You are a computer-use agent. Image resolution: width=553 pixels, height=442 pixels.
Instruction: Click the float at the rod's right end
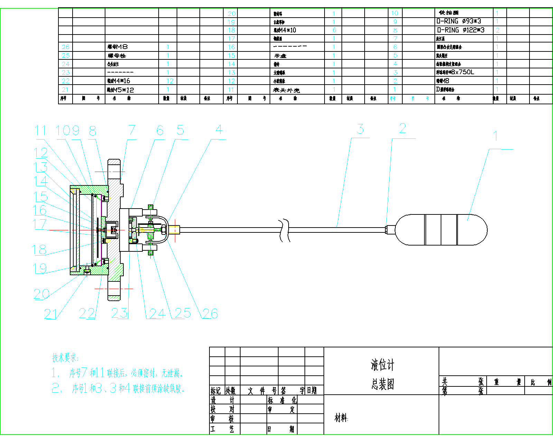click(441, 230)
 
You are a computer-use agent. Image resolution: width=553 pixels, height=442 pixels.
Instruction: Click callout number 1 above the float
click(496, 136)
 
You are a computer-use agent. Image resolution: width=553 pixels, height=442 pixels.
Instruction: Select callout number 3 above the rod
click(360, 129)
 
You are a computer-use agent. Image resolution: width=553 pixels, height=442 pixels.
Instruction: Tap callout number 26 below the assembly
click(210, 314)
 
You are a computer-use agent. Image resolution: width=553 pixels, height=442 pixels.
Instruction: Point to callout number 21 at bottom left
click(50, 314)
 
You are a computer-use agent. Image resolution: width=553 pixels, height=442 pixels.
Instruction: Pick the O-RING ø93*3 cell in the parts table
click(459, 21)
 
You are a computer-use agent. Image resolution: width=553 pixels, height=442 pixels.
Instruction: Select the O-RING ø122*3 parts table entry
click(460, 30)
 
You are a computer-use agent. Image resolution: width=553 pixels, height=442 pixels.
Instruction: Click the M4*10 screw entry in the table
click(285, 30)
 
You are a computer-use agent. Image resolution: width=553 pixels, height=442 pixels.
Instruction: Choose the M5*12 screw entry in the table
click(120, 90)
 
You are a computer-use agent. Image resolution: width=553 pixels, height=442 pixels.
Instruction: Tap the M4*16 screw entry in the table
click(119, 81)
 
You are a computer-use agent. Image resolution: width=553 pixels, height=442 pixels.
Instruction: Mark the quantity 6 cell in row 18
click(334, 30)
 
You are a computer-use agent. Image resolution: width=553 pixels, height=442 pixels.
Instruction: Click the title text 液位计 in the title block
click(382, 365)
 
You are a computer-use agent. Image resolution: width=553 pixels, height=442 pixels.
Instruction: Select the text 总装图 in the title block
click(383, 384)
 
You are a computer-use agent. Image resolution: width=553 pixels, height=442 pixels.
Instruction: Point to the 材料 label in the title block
click(341, 418)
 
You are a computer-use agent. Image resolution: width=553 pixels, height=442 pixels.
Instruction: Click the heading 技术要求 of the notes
click(65, 358)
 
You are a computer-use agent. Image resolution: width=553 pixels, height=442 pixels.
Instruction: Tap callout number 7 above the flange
click(132, 130)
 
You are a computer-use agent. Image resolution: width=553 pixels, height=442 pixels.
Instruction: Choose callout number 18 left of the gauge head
click(39, 250)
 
